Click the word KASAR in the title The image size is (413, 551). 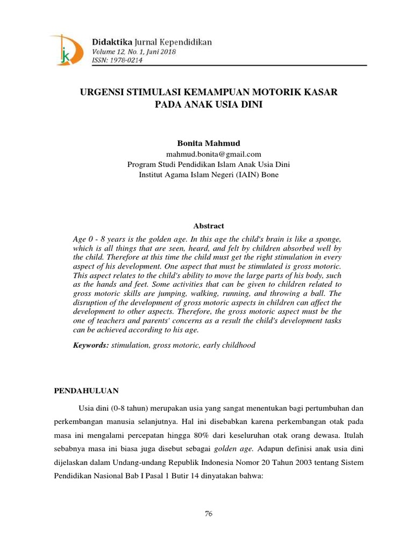click(x=323, y=92)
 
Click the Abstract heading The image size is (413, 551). click(x=209, y=226)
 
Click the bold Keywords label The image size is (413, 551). click(x=91, y=345)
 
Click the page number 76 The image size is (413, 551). click(x=209, y=513)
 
